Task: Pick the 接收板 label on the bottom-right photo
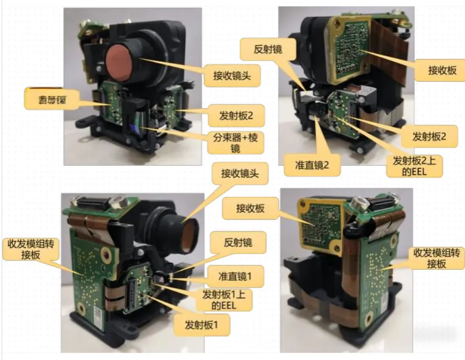coord(250,209)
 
